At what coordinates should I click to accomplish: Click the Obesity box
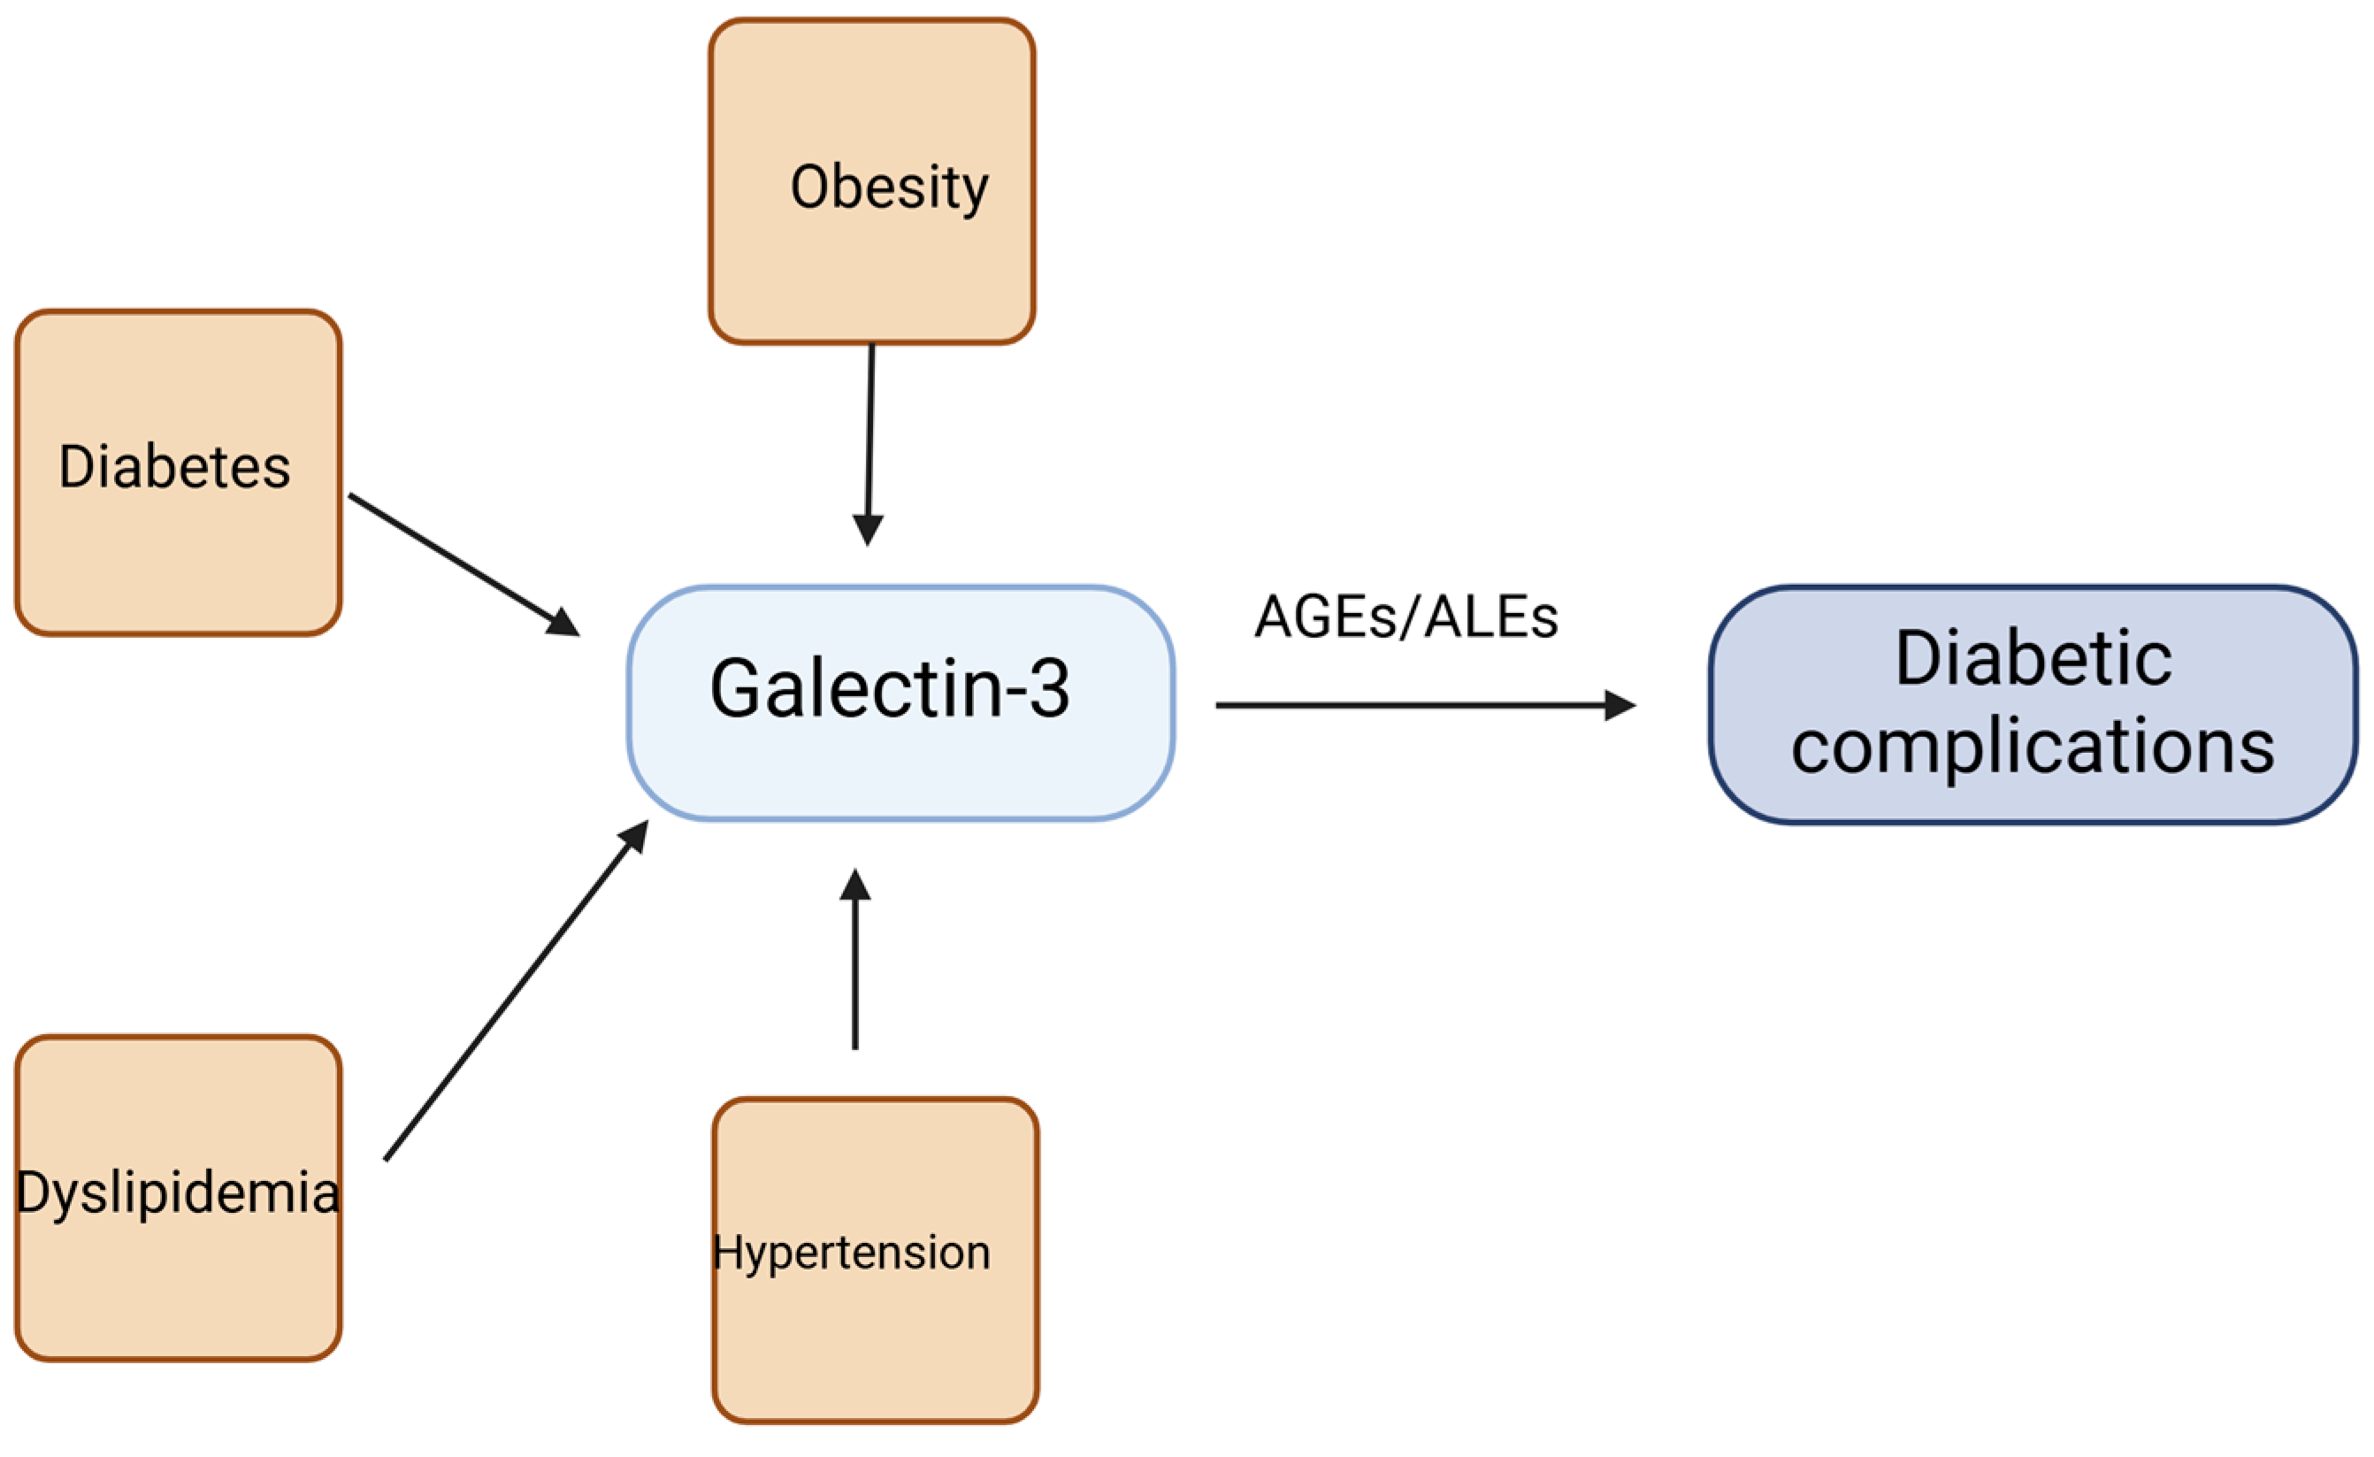click(x=872, y=181)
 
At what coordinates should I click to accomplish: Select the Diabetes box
click(x=179, y=472)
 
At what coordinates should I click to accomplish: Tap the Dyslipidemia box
click(x=179, y=1198)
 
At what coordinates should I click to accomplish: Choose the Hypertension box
click(x=875, y=1260)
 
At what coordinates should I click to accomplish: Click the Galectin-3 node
click(x=900, y=703)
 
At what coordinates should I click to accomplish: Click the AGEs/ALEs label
click(x=1405, y=617)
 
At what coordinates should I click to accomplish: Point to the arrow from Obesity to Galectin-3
click(x=870, y=433)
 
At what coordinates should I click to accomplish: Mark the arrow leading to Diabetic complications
click(x=1406, y=705)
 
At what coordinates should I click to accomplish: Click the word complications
click(x=2033, y=747)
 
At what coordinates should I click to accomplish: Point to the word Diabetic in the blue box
click(x=2033, y=660)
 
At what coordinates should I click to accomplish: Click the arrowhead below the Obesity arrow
click(x=868, y=529)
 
